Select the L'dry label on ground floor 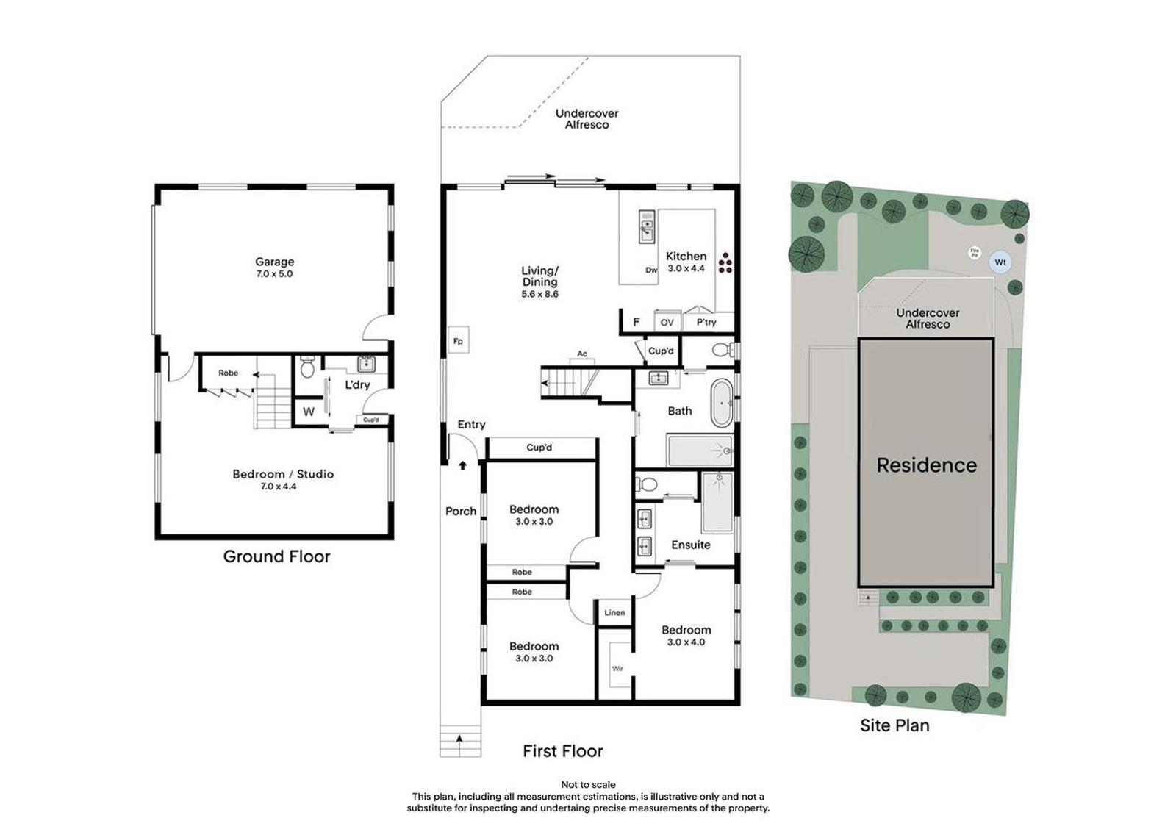pos(357,385)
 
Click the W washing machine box pos(309,412)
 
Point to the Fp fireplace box pos(459,340)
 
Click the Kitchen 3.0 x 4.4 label pos(686,262)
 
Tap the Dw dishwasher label pos(651,270)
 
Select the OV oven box pos(667,323)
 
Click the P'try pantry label pos(706,323)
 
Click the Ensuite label pos(691,545)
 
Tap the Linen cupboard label pos(614,612)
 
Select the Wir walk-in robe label pos(617,669)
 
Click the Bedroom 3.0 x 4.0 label pos(686,636)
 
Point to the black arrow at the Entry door pos(462,465)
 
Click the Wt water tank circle pos(1000,262)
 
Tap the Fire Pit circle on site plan pos(975,253)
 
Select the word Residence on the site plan pos(927,465)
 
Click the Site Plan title pos(894,725)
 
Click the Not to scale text pos(588,785)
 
